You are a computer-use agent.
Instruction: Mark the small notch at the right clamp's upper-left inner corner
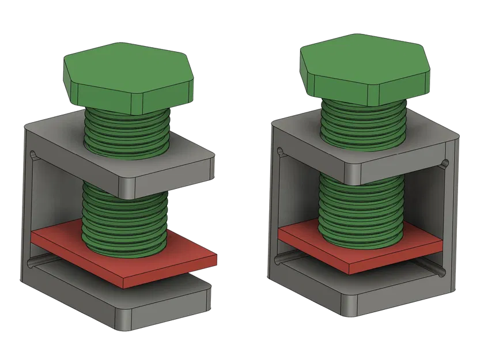point(281,153)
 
